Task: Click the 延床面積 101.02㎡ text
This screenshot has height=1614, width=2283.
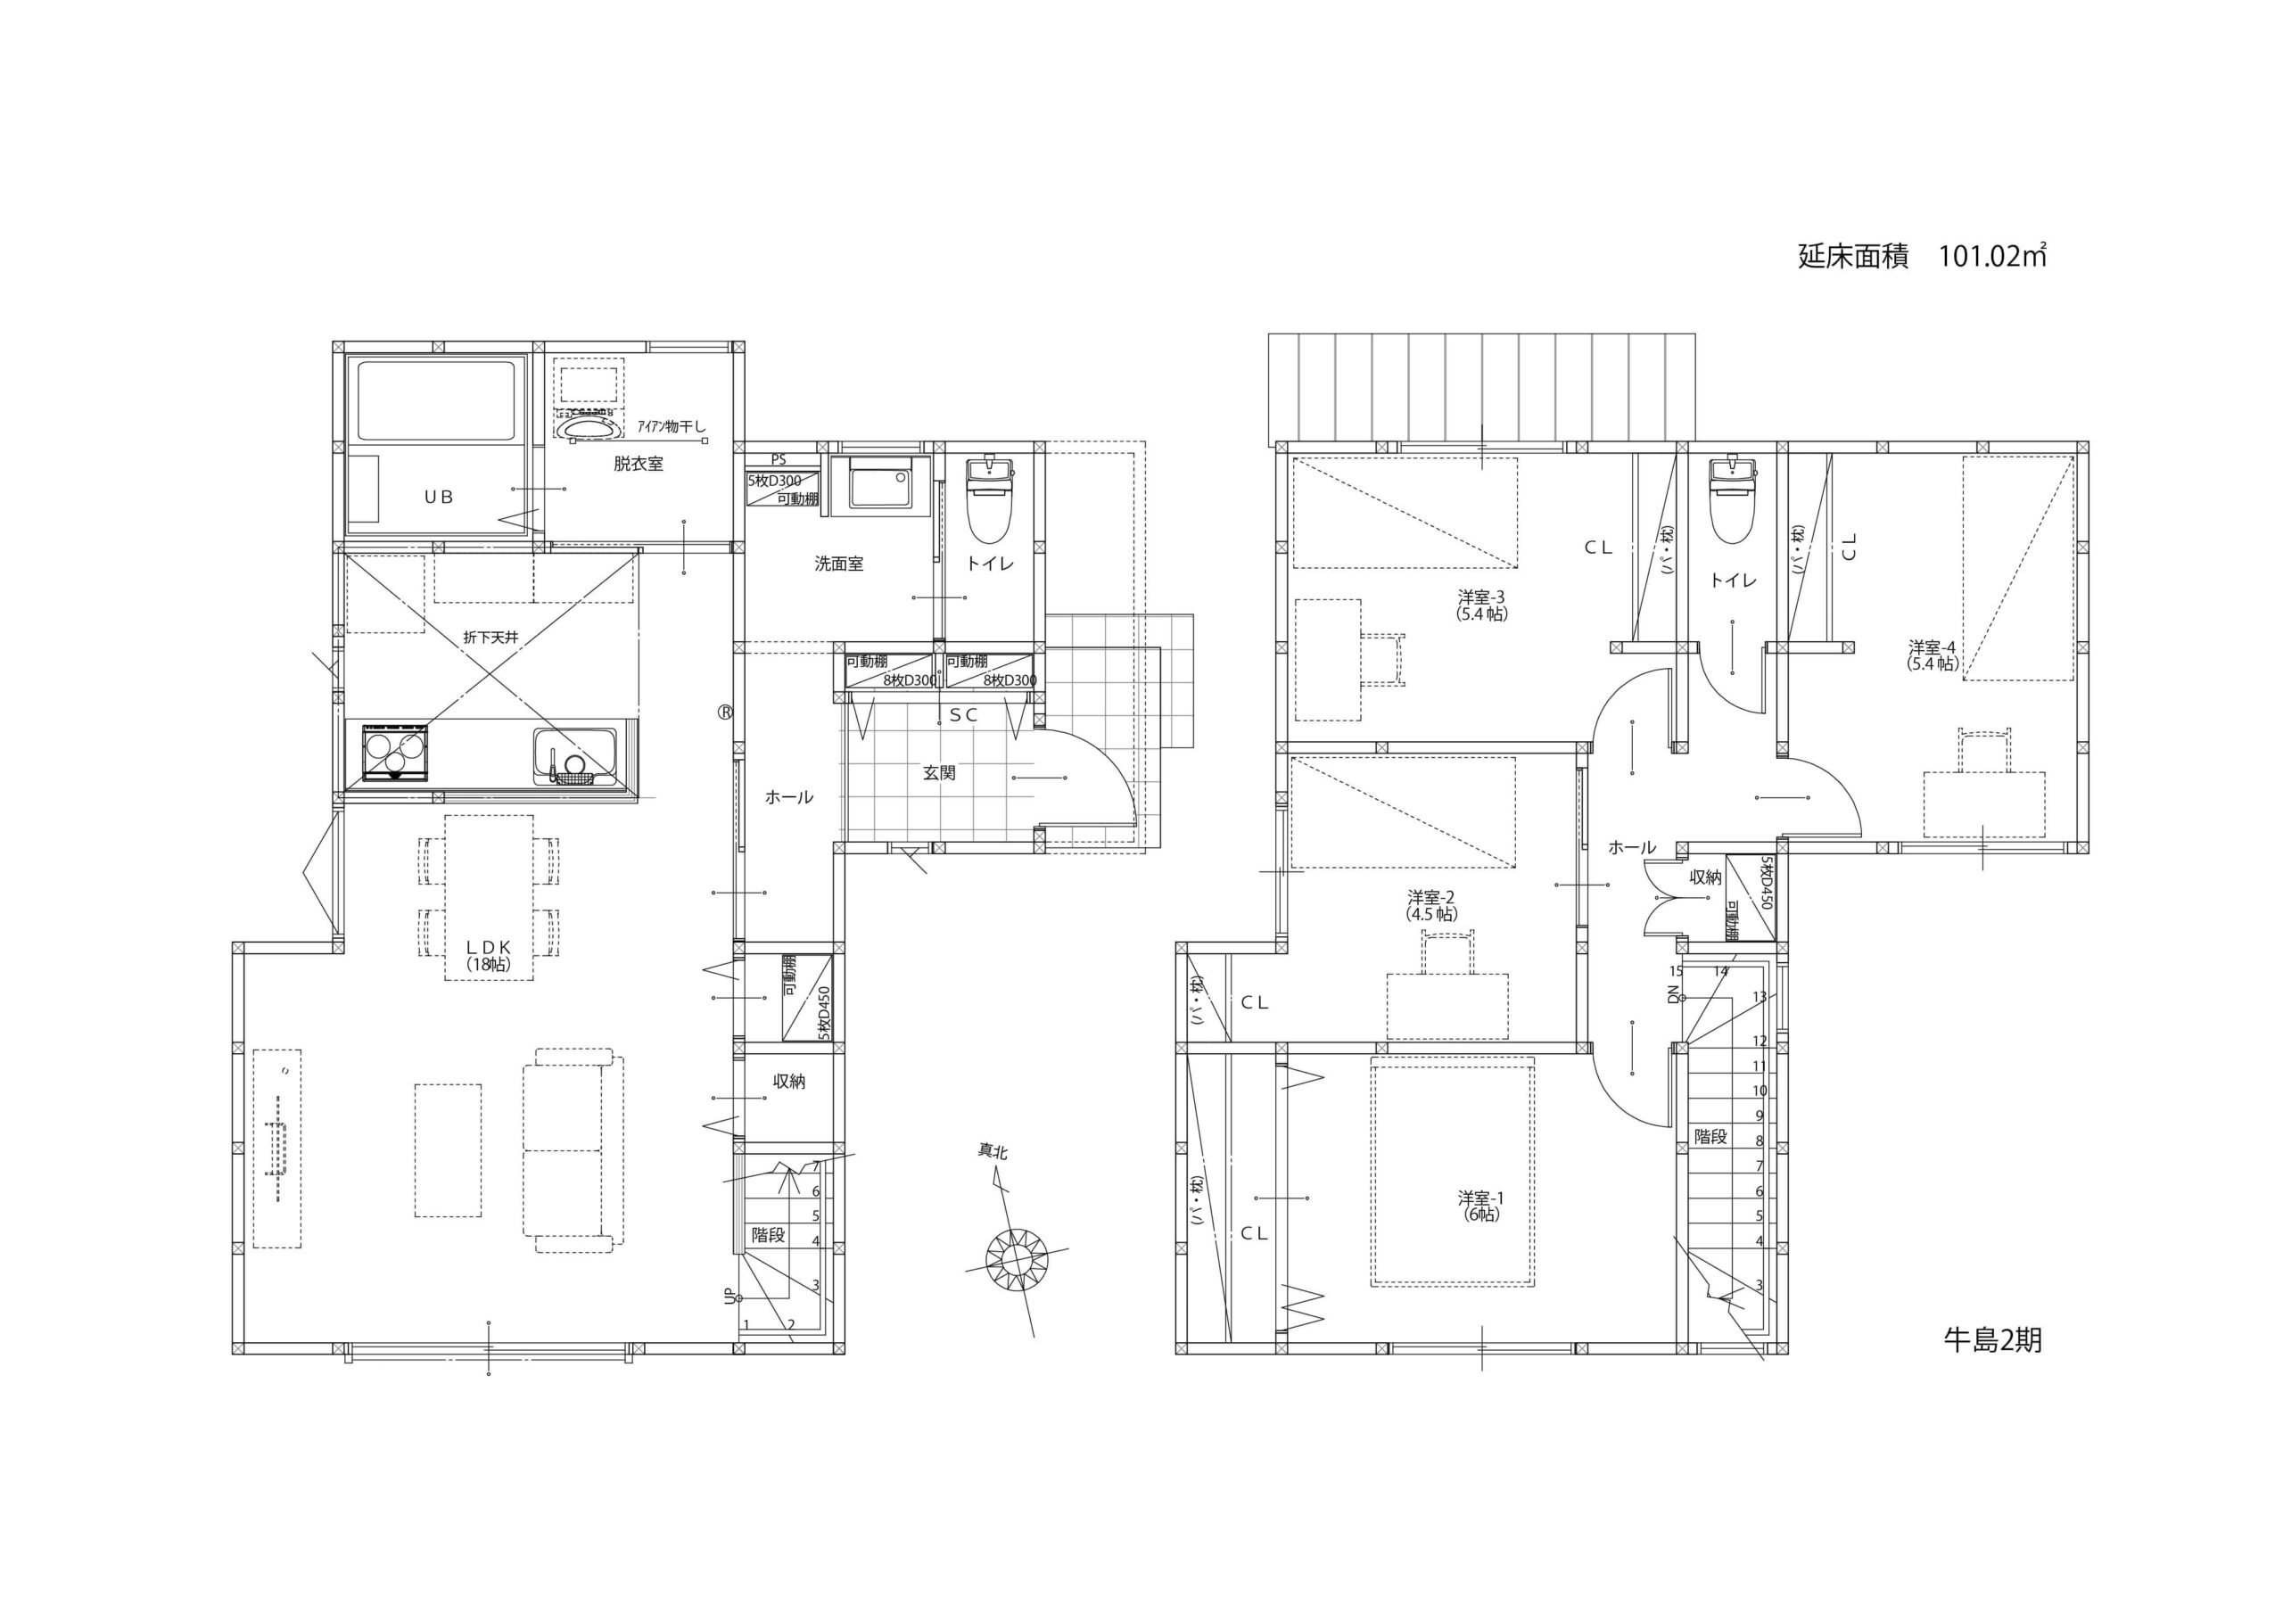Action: coord(1921,256)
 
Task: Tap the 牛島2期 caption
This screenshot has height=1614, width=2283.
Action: coord(1992,1339)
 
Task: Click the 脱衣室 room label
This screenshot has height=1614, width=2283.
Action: coord(639,464)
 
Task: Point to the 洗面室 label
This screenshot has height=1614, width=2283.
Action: coord(839,564)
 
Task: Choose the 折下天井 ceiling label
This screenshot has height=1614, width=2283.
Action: coord(490,638)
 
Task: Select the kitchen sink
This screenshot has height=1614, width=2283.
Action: coord(574,757)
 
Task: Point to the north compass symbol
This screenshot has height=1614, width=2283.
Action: coord(1017,1260)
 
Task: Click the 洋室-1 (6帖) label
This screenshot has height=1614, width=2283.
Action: coord(1481,1206)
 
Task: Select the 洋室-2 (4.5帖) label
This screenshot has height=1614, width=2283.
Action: coord(1432,905)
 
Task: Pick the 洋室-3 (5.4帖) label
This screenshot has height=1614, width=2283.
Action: coord(1482,605)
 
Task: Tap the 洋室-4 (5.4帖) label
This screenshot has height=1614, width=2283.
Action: coord(1932,655)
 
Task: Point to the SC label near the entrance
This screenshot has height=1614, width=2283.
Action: coord(963,715)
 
